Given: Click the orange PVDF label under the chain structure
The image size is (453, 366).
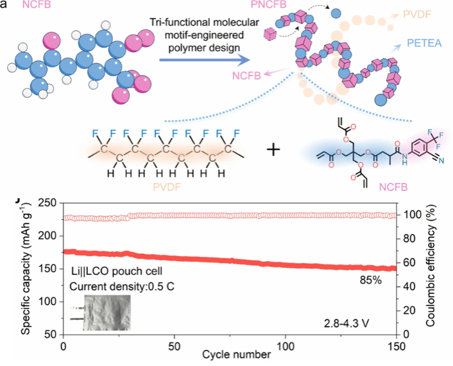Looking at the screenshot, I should tap(167, 189).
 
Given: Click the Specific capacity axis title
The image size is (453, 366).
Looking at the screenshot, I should tap(24, 268).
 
